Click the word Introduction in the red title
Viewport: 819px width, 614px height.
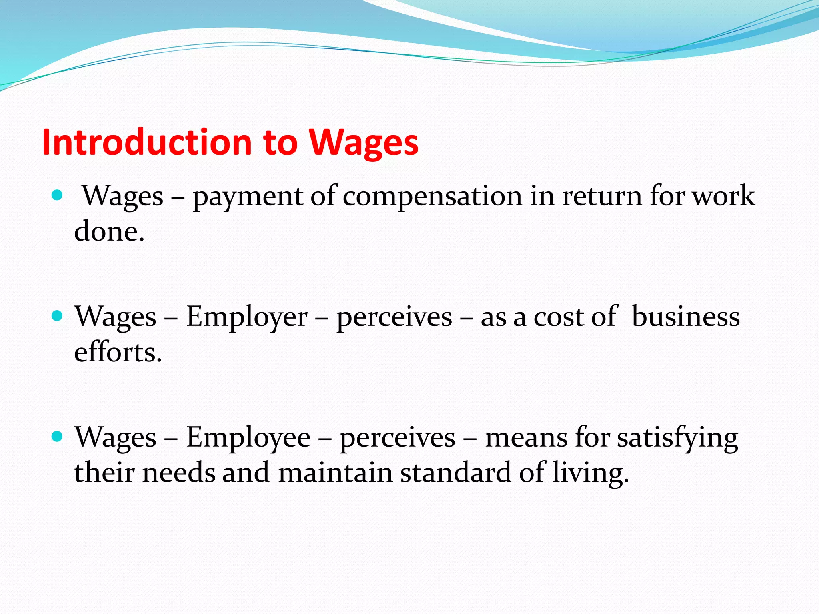coord(147,143)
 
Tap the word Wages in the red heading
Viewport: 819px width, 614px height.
coord(364,143)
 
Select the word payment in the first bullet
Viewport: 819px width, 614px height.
coord(248,197)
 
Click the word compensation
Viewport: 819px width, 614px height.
coord(432,197)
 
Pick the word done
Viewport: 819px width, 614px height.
coord(109,232)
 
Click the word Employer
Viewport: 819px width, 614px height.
coord(247,317)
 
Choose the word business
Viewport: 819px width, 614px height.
coord(685,316)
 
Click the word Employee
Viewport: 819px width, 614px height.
coord(248,437)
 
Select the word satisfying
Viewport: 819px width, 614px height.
coord(677,438)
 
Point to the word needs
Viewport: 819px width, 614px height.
coord(178,473)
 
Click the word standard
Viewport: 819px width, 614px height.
coord(455,473)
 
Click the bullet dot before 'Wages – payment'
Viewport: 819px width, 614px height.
coord(58,195)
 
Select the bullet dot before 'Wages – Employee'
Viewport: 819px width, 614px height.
coord(58,437)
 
